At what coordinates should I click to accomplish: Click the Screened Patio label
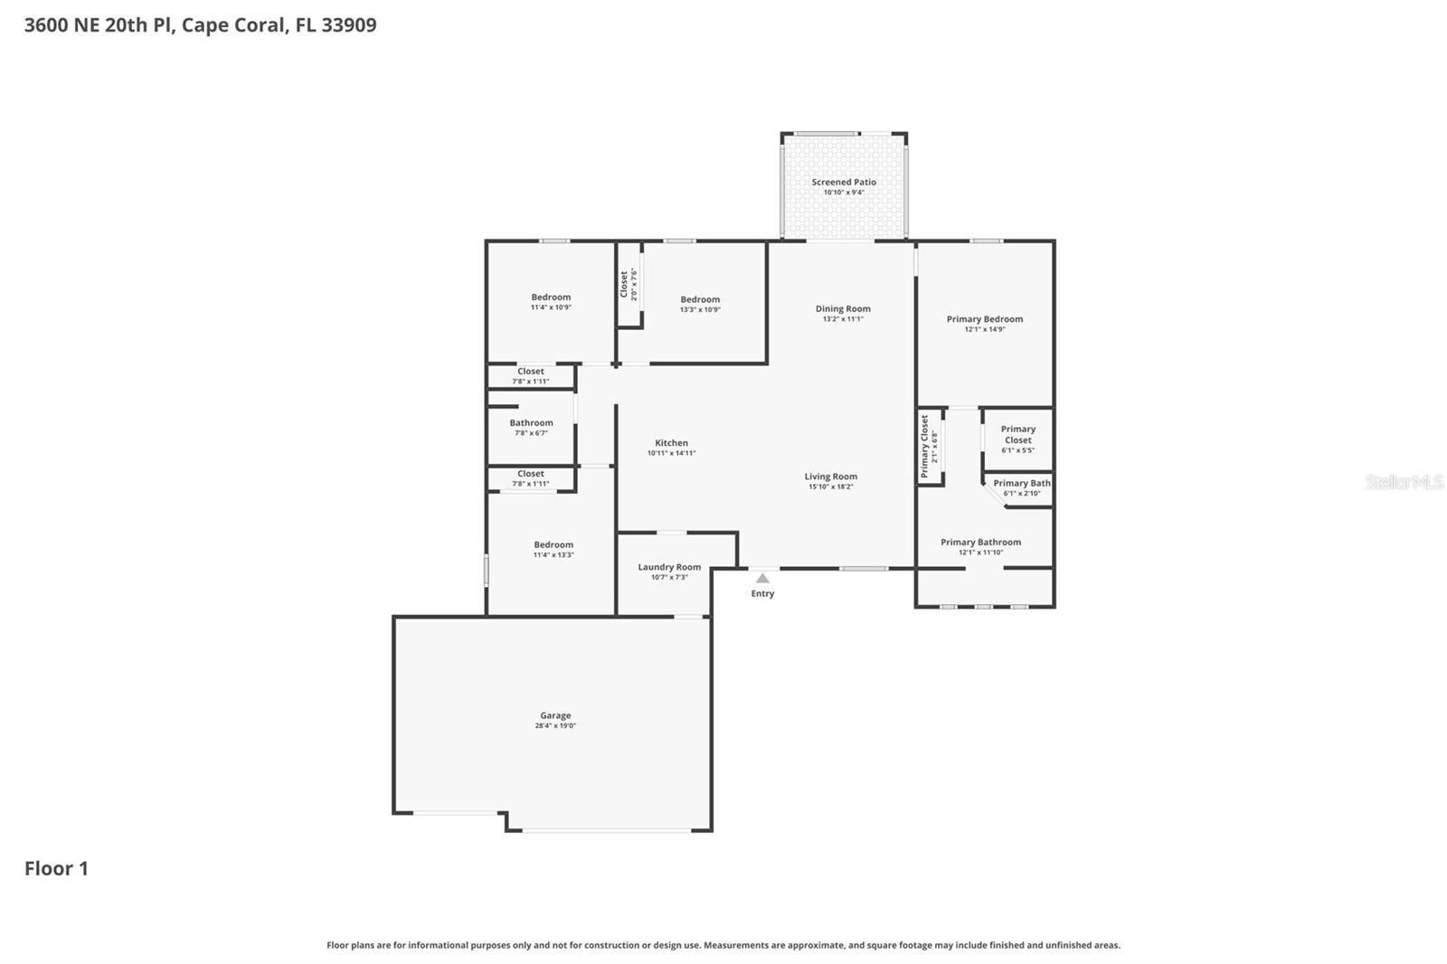click(x=843, y=182)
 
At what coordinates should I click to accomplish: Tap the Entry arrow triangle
click(x=762, y=579)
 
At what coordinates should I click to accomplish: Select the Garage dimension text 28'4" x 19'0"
click(x=555, y=726)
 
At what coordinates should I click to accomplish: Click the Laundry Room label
click(x=669, y=567)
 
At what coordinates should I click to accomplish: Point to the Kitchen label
click(x=671, y=443)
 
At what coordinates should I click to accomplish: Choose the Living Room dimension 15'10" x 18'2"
click(x=830, y=487)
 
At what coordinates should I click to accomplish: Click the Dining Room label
click(x=843, y=308)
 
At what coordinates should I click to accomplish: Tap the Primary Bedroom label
click(x=984, y=319)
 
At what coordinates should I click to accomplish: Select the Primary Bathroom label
click(x=980, y=543)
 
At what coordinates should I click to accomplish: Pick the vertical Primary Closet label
click(x=925, y=447)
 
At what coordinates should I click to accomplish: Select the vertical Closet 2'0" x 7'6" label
click(x=624, y=284)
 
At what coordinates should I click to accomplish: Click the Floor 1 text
click(x=56, y=868)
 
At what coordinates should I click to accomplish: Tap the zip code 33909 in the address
click(x=348, y=25)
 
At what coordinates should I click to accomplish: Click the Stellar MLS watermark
click(x=1404, y=482)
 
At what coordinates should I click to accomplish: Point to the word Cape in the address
click(x=204, y=25)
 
